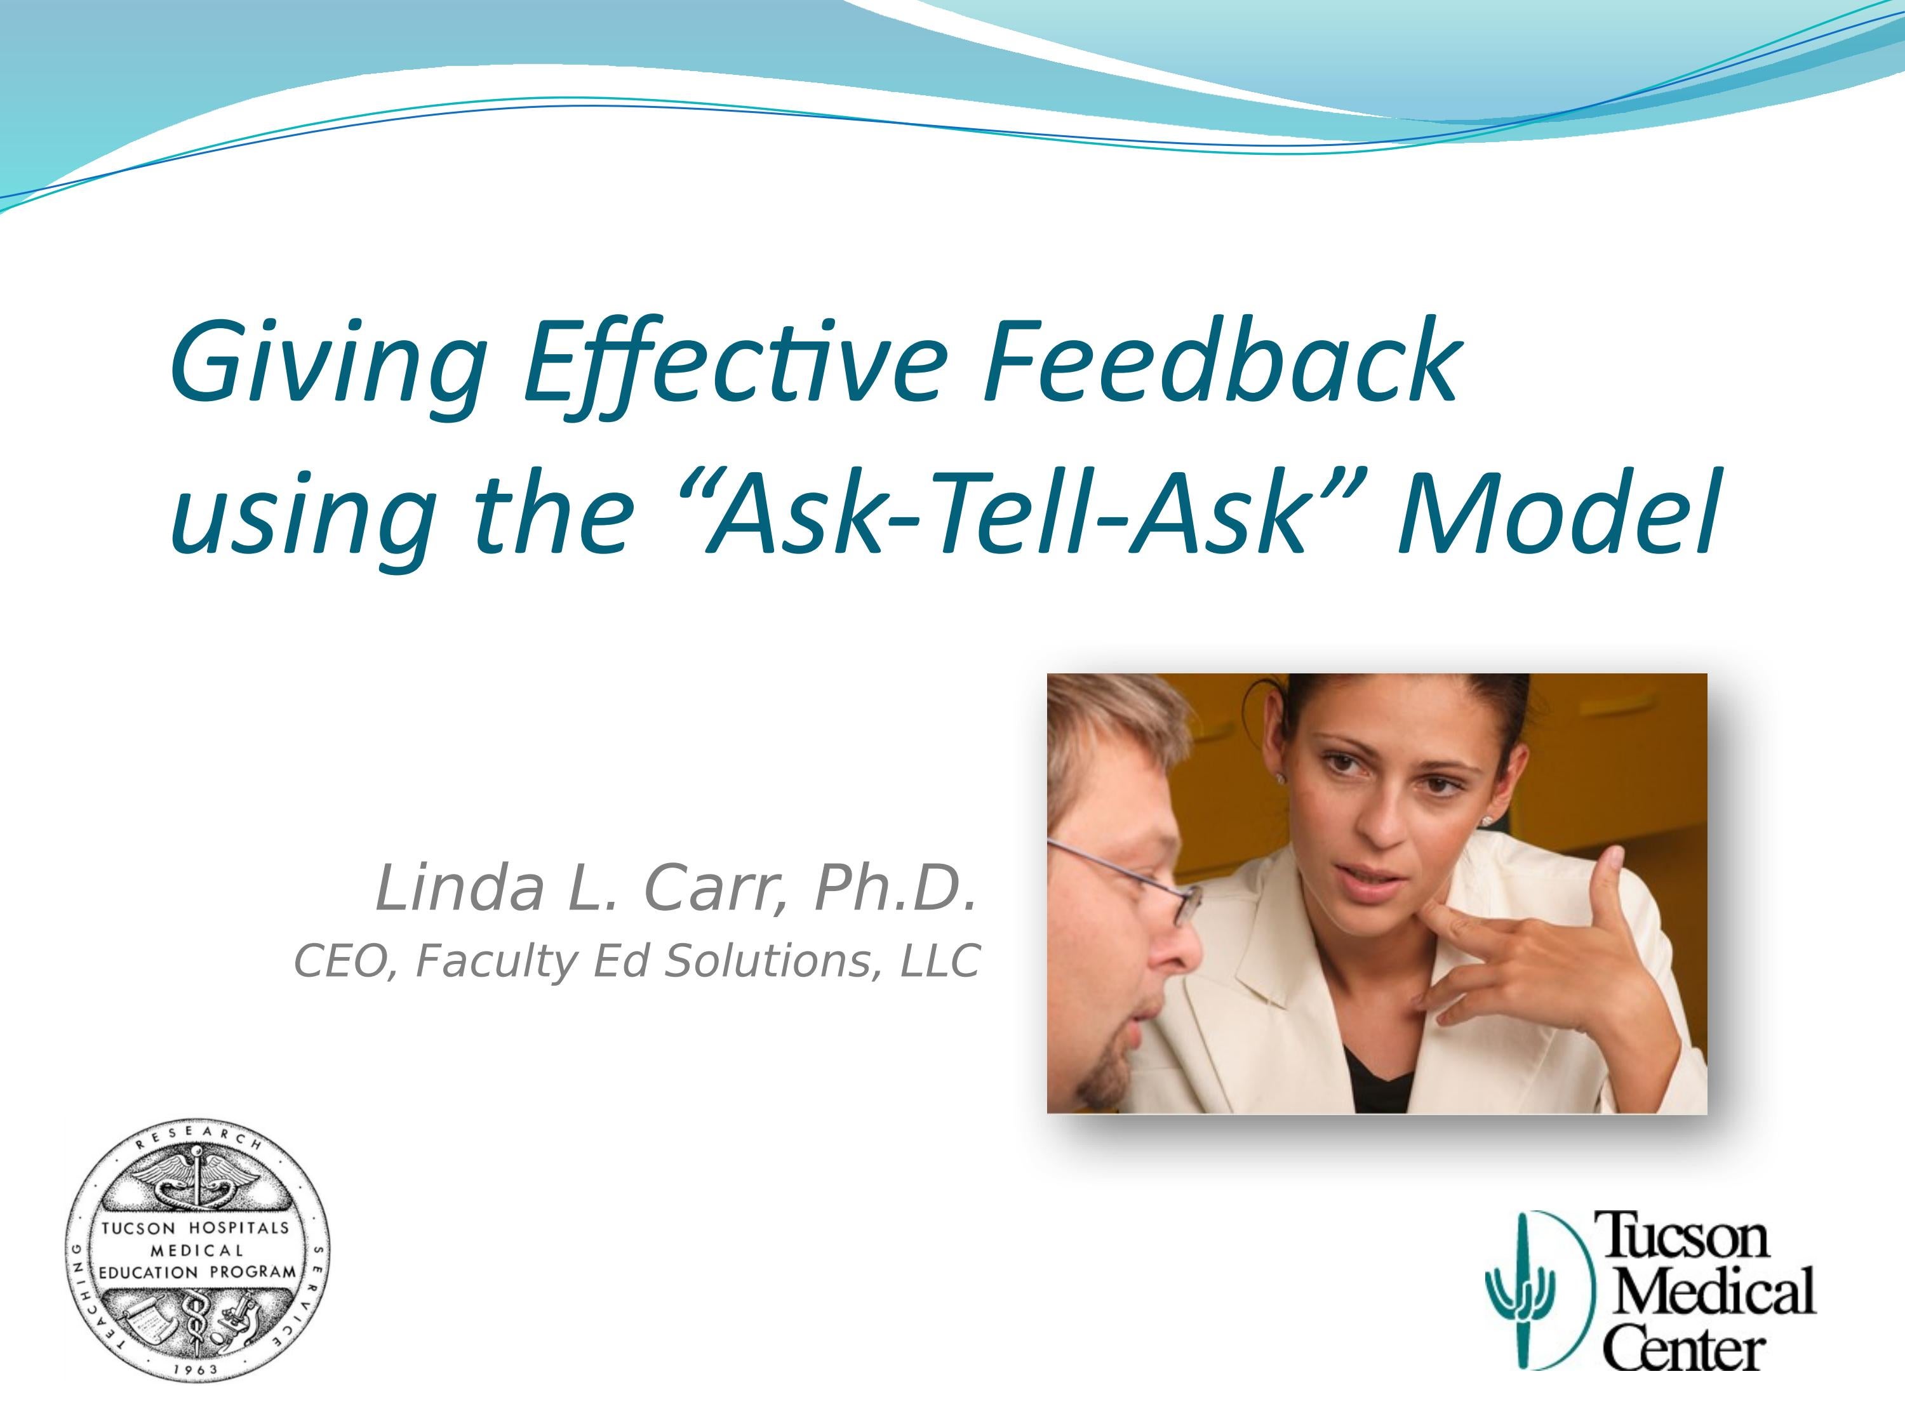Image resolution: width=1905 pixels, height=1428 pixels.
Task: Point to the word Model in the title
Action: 1559,514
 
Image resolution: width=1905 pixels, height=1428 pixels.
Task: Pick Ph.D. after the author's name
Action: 895,889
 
